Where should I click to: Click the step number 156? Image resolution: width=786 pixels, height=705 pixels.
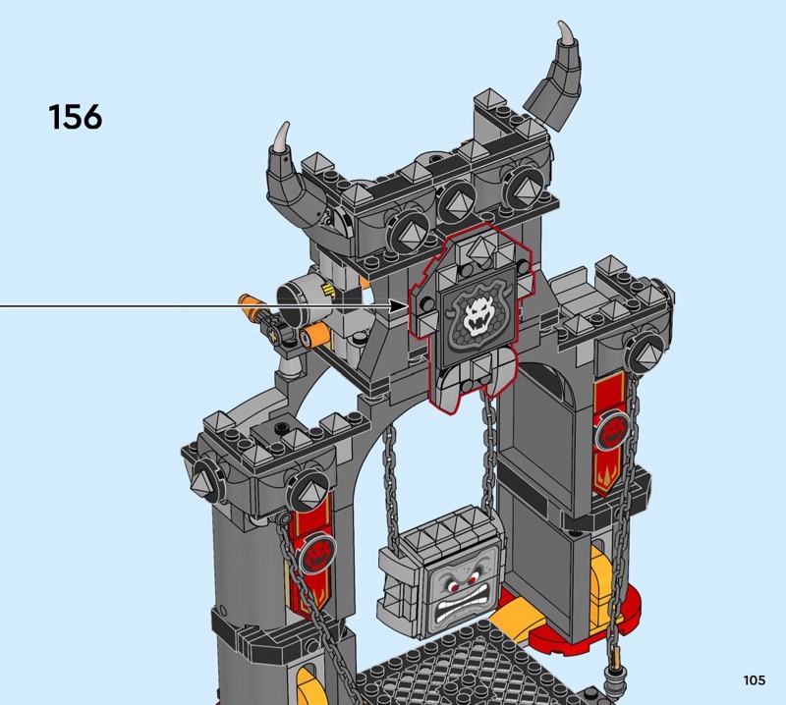point(76,117)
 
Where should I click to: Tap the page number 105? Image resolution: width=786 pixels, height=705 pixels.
point(755,679)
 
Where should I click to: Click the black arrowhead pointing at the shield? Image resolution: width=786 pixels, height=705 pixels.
point(400,305)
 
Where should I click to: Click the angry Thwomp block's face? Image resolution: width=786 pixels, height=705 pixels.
point(461,597)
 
